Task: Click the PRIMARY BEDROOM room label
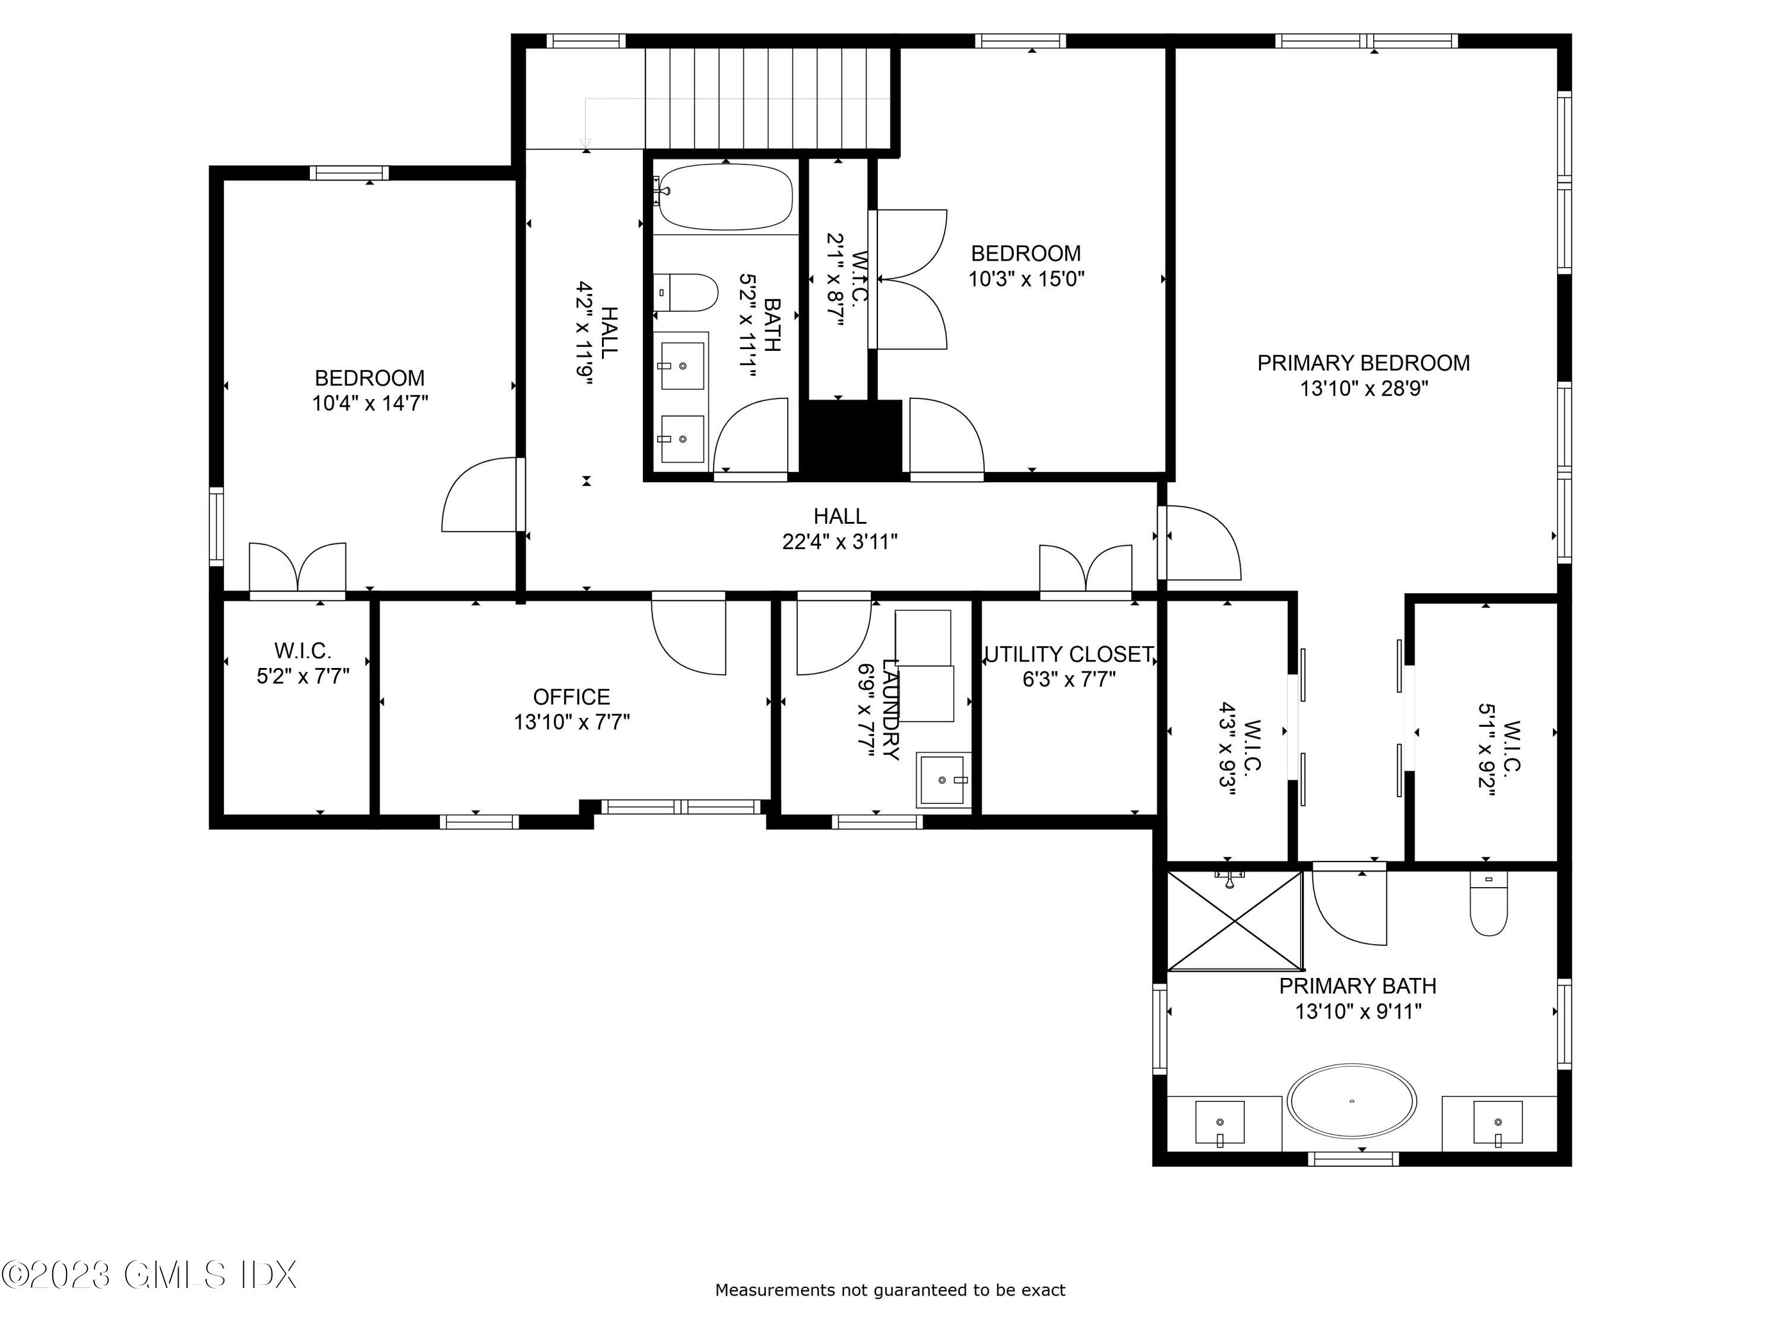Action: (1363, 363)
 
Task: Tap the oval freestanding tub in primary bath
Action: (1352, 1101)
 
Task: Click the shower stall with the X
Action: (1234, 920)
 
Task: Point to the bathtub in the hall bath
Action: (725, 197)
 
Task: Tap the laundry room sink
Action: (943, 780)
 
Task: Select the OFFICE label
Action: (572, 697)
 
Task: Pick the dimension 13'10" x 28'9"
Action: (1364, 389)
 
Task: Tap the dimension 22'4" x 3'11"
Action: (840, 542)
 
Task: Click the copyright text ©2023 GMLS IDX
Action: (149, 1275)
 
